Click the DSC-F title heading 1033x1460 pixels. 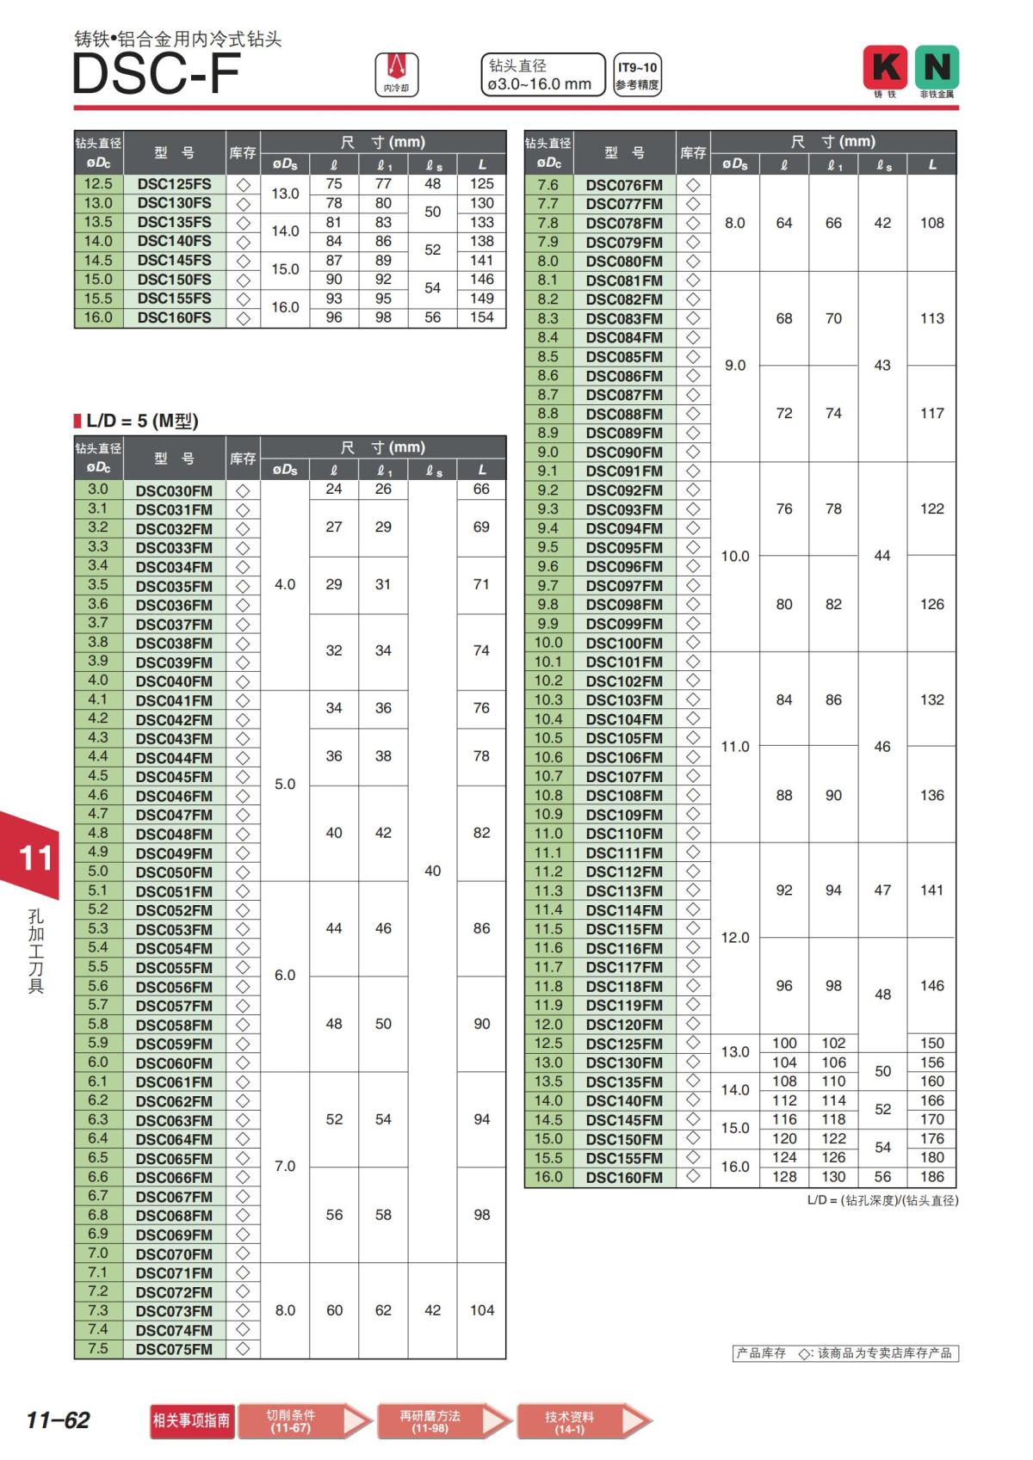(156, 74)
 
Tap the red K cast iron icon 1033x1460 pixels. (885, 68)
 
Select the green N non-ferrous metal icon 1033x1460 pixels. (937, 68)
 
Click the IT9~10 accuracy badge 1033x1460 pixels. (637, 75)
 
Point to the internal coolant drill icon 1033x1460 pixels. (397, 74)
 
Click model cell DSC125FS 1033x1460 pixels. (174, 184)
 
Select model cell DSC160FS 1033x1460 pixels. (174, 317)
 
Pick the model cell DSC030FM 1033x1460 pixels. (174, 490)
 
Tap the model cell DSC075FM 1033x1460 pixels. (174, 1349)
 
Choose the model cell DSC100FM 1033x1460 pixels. (624, 643)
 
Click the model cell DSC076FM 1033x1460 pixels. (624, 185)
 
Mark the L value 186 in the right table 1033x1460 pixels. (931, 1177)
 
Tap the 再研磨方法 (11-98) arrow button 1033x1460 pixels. (443, 1420)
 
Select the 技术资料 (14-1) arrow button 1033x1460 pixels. (583, 1421)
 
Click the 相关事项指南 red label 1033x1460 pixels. (191, 1420)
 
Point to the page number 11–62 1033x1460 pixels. (58, 1420)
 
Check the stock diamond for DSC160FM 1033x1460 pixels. (693, 1177)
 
